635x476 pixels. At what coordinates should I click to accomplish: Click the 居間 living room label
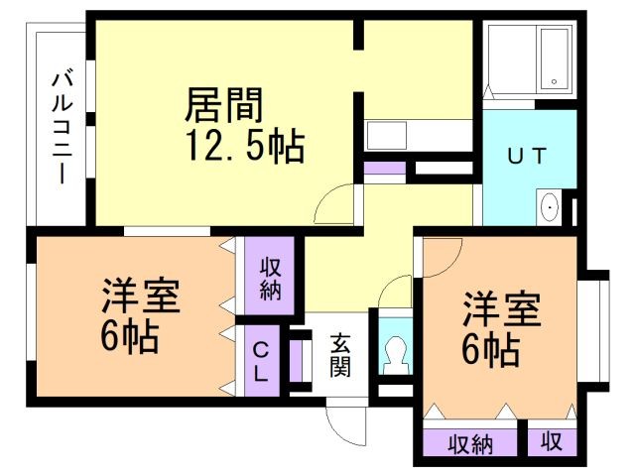[224, 105]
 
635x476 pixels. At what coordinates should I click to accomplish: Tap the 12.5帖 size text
[245, 146]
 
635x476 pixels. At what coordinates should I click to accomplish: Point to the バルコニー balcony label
[62, 128]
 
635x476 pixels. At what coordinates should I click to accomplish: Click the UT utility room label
[527, 156]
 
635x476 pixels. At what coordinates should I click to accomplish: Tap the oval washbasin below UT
[550, 207]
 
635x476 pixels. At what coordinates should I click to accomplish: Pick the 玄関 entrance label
[339, 355]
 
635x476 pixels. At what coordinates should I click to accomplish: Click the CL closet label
[260, 361]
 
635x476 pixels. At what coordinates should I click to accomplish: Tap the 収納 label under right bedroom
[470, 444]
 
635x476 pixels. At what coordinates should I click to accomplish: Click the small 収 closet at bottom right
[552, 441]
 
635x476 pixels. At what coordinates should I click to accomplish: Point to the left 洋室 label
[140, 296]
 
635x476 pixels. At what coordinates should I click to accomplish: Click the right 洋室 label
[502, 308]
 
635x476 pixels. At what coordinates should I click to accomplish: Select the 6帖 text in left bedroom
[129, 336]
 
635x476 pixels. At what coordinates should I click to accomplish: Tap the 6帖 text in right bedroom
[491, 350]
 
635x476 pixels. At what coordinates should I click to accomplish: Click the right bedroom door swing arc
[451, 267]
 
